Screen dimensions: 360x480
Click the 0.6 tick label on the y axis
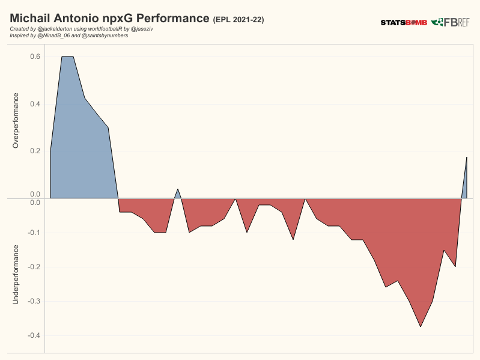coord(35,56)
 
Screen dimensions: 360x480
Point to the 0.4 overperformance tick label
coord(35,104)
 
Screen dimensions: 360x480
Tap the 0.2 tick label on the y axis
coord(35,151)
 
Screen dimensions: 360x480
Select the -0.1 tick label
coord(33,233)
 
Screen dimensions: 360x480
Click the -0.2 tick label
coord(33,267)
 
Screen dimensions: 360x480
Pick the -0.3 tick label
coord(33,301)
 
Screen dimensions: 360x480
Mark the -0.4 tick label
coord(33,335)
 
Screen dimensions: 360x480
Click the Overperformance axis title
coord(16,120)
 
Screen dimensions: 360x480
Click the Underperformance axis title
coord(16,273)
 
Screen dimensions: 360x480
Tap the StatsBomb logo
coord(404,23)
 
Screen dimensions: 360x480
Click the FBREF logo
coord(451,22)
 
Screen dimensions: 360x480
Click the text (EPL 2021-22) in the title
coord(238,20)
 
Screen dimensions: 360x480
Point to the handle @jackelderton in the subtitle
coord(58,29)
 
